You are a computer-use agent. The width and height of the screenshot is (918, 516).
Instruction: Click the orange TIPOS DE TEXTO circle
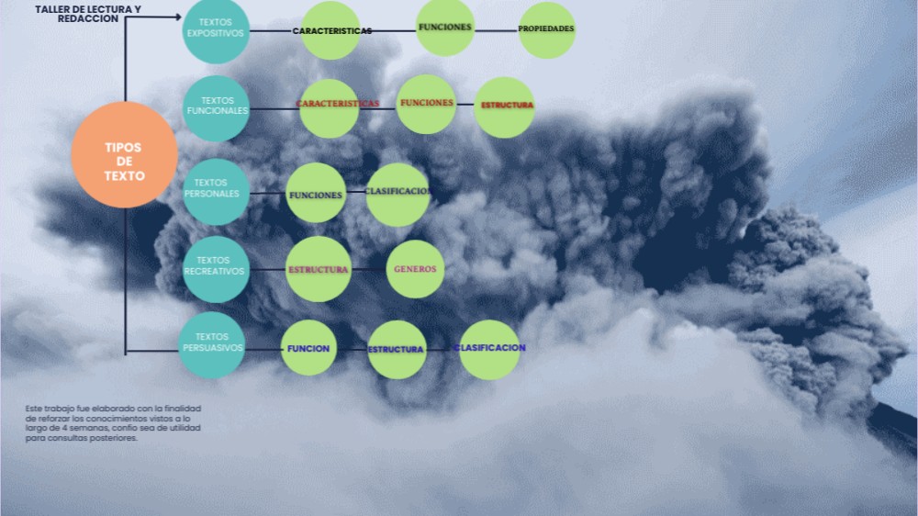[x=124, y=154]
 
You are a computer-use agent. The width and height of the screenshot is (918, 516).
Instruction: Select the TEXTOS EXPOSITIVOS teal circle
[x=216, y=30]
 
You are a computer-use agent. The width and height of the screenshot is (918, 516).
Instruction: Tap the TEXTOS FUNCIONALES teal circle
[x=216, y=108]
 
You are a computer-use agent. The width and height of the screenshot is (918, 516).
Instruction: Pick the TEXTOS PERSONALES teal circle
[x=216, y=192]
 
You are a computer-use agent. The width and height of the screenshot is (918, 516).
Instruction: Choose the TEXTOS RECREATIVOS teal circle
[x=216, y=269]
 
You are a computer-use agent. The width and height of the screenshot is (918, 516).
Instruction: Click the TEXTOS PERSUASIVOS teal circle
[x=212, y=345]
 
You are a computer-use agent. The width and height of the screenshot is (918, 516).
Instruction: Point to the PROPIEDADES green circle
[x=547, y=30]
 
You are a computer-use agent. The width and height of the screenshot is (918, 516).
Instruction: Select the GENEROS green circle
[x=415, y=269]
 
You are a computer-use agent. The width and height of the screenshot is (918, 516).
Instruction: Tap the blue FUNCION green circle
[x=308, y=348]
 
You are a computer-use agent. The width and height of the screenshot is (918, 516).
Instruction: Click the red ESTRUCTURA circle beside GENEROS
[x=319, y=269]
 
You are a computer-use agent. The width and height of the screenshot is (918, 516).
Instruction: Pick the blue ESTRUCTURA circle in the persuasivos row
[x=397, y=350]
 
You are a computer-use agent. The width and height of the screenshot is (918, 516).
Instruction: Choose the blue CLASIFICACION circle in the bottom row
[x=489, y=350]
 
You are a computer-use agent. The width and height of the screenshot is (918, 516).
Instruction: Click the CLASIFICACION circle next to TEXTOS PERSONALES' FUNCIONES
[x=397, y=195]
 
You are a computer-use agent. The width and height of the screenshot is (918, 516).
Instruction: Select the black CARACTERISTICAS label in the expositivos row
[x=332, y=31]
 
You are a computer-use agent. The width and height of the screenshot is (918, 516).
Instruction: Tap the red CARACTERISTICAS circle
[x=329, y=108]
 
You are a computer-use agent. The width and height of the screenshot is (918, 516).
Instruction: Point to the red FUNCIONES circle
[x=426, y=105]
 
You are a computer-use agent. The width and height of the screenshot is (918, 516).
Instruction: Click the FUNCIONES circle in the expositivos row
[x=445, y=27]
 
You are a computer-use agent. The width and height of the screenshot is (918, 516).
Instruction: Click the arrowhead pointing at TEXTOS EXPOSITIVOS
[x=179, y=17]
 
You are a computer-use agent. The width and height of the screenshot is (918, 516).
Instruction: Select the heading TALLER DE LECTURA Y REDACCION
[x=88, y=14]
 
